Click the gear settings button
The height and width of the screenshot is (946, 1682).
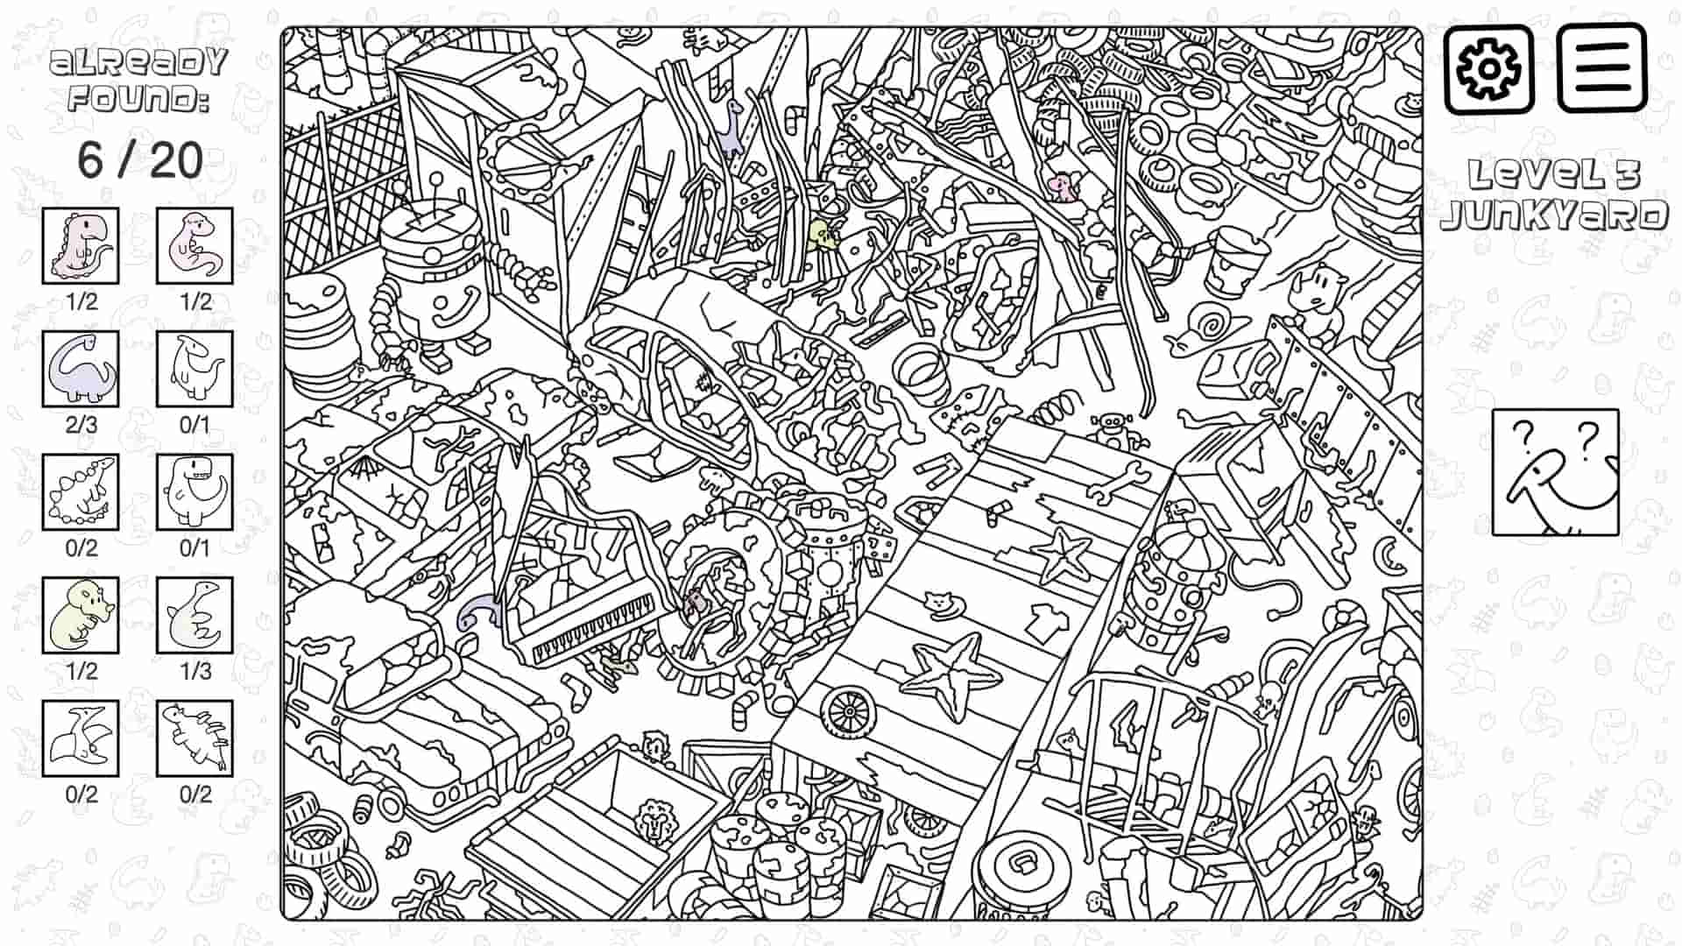[1488, 68]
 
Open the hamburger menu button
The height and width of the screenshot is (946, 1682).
[1601, 68]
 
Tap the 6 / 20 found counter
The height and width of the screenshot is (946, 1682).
[140, 160]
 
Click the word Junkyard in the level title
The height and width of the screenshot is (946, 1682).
[1554, 215]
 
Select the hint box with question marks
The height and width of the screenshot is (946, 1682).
[1555, 472]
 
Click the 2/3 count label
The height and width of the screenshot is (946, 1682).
[81, 425]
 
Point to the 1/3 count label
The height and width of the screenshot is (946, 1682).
[195, 672]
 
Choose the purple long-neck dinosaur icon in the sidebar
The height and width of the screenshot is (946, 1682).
[81, 369]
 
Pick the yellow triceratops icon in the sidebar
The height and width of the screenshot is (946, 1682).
[81, 615]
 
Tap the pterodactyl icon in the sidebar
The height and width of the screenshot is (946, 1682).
[81, 738]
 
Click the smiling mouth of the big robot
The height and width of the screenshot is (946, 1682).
[462, 307]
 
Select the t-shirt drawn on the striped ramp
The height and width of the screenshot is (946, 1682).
[1046, 623]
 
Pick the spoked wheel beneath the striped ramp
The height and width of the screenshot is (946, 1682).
[848, 712]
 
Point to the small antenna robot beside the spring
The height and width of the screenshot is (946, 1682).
[1113, 429]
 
